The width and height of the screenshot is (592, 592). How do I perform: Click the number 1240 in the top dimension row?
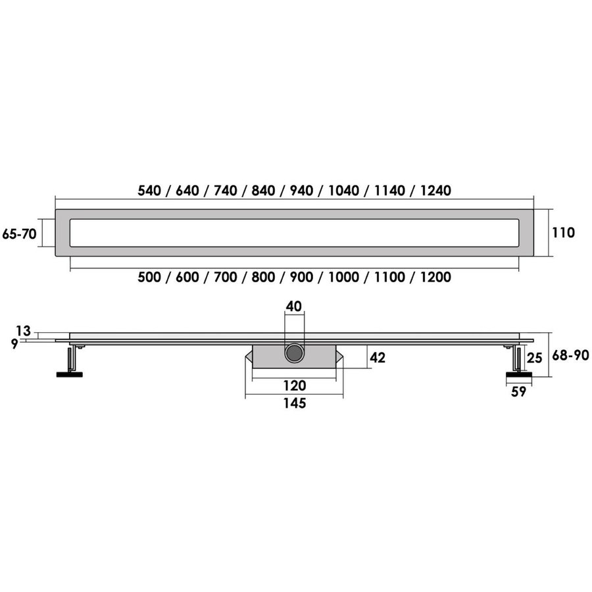432,191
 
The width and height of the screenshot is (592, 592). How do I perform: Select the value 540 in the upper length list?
149,191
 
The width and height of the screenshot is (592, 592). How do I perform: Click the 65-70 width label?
19,234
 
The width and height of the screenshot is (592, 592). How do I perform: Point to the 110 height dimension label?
564,232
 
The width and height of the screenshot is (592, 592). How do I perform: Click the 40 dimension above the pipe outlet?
295,306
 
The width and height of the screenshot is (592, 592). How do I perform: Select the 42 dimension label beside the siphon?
378,358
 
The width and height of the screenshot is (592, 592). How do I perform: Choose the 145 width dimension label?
294,404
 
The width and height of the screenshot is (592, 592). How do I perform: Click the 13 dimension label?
24,331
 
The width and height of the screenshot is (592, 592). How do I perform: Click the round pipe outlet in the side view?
294,353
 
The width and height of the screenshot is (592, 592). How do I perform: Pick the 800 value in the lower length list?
263,278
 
